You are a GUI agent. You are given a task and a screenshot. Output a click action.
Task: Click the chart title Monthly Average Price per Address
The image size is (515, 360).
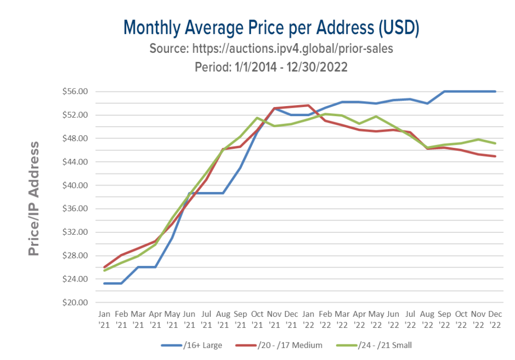click(x=272, y=28)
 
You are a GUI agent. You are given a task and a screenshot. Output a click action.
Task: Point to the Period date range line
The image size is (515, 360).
click(x=272, y=67)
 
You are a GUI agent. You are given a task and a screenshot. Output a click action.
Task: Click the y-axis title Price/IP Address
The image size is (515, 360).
click(x=34, y=198)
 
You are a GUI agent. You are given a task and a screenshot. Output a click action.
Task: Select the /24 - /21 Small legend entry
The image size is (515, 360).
click(x=385, y=345)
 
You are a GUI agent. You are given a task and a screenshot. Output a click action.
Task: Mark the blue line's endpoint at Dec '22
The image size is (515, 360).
click(x=496, y=92)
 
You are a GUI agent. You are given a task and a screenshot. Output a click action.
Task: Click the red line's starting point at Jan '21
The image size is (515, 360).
click(x=104, y=267)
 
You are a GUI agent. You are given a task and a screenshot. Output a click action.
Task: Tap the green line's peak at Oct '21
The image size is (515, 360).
click(x=257, y=118)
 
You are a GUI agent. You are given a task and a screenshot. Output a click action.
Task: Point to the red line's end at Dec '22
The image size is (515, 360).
click(x=496, y=156)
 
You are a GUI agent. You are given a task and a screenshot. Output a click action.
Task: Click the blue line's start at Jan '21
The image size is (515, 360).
click(x=104, y=284)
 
